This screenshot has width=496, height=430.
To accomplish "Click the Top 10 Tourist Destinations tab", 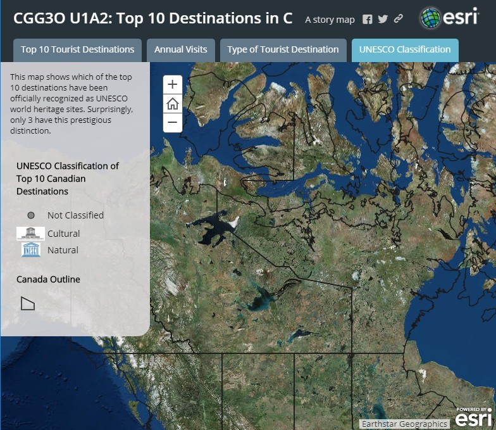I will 77,49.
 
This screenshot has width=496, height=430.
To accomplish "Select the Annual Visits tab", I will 181,49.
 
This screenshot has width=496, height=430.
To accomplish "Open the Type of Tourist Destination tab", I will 283,49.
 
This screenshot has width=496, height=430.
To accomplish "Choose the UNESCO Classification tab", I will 405,49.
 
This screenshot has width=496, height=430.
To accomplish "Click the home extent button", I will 172,104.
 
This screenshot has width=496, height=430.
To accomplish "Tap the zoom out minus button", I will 172,122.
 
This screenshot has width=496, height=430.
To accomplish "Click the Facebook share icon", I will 368,19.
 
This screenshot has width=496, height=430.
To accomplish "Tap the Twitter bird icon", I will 383,19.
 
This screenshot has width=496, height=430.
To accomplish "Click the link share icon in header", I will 398,19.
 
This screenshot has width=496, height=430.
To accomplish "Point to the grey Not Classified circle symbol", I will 32,215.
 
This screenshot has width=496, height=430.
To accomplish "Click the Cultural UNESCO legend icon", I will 30,233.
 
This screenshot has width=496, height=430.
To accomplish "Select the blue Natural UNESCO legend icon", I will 30,250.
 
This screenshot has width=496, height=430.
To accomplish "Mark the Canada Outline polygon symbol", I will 27,303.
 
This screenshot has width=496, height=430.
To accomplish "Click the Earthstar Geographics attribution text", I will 404,424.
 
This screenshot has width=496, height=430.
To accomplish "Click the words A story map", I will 330,20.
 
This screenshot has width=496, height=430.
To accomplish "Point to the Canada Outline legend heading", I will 48,279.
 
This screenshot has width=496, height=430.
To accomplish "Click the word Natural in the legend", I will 63,250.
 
